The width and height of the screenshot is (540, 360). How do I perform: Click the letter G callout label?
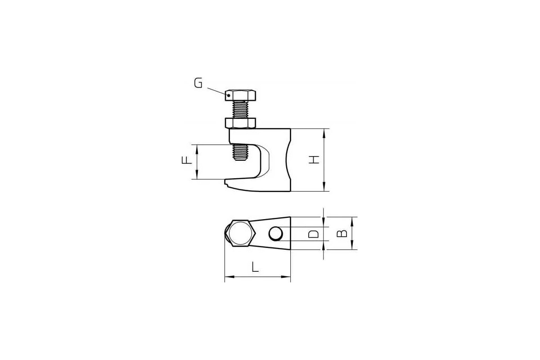pyautogui.click(x=198, y=83)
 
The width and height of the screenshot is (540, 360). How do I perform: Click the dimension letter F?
pyautogui.click(x=187, y=160)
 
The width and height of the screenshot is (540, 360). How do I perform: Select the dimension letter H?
pyautogui.click(x=314, y=160)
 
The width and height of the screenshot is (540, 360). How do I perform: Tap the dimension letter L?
pyautogui.click(x=255, y=267)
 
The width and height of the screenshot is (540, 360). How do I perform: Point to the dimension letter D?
pyautogui.click(x=313, y=234)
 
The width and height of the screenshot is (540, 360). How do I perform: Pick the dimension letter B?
pyautogui.click(x=342, y=234)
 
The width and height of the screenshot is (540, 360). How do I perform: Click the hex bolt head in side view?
pyautogui.click(x=241, y=95)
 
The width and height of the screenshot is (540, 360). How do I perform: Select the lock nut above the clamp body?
pyautogui.click(x=240, y=123)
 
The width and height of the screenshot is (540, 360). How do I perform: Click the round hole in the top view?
pyautogui.click(x=276, y=234)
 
